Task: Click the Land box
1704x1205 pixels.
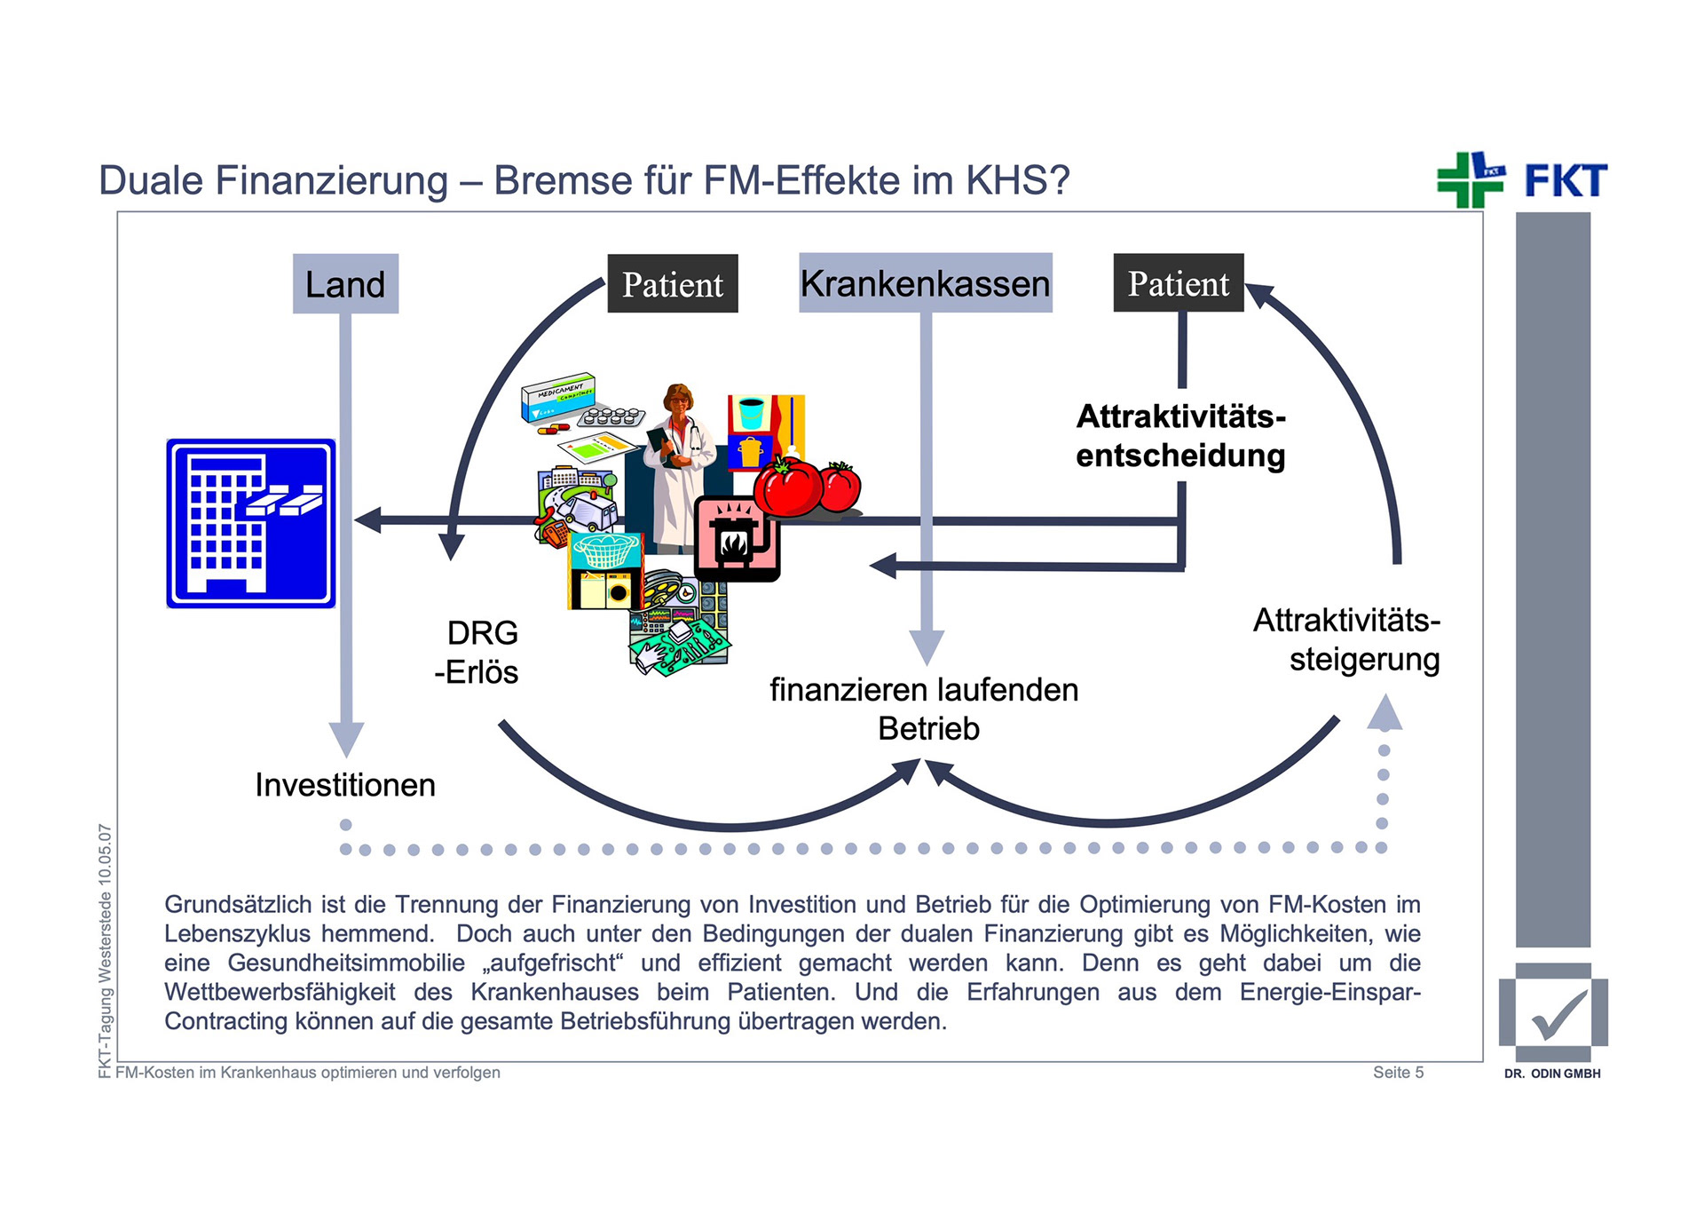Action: [x=345, y=284]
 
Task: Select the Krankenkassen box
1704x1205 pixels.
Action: [x=925, y=283]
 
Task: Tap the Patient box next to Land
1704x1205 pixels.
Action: [x=672, y=284]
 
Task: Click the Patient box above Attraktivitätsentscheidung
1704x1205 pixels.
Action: [x=1178, y=283]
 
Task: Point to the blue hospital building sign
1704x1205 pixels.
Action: [x=251, y=523]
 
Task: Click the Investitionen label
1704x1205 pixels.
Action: [x=345, y=785]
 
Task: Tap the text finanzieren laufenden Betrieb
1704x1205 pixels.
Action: [x=924, y=709]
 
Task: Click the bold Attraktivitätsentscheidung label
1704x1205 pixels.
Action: [x=1180, y=436]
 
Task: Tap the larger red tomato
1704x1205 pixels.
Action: [x=787, y=487]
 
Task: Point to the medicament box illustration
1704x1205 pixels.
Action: [x=558, y=396]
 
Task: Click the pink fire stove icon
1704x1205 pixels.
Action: [x=735, y=538]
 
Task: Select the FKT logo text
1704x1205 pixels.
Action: [x=1566, y=181]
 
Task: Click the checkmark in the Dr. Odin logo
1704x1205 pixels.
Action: [x=1559, y=1014]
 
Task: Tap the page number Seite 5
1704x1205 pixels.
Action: [x=1398, y=1073]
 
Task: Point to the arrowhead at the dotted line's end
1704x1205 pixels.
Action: [x=1384, y=713]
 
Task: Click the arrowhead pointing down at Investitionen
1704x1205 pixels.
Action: [x=346, y=739]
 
